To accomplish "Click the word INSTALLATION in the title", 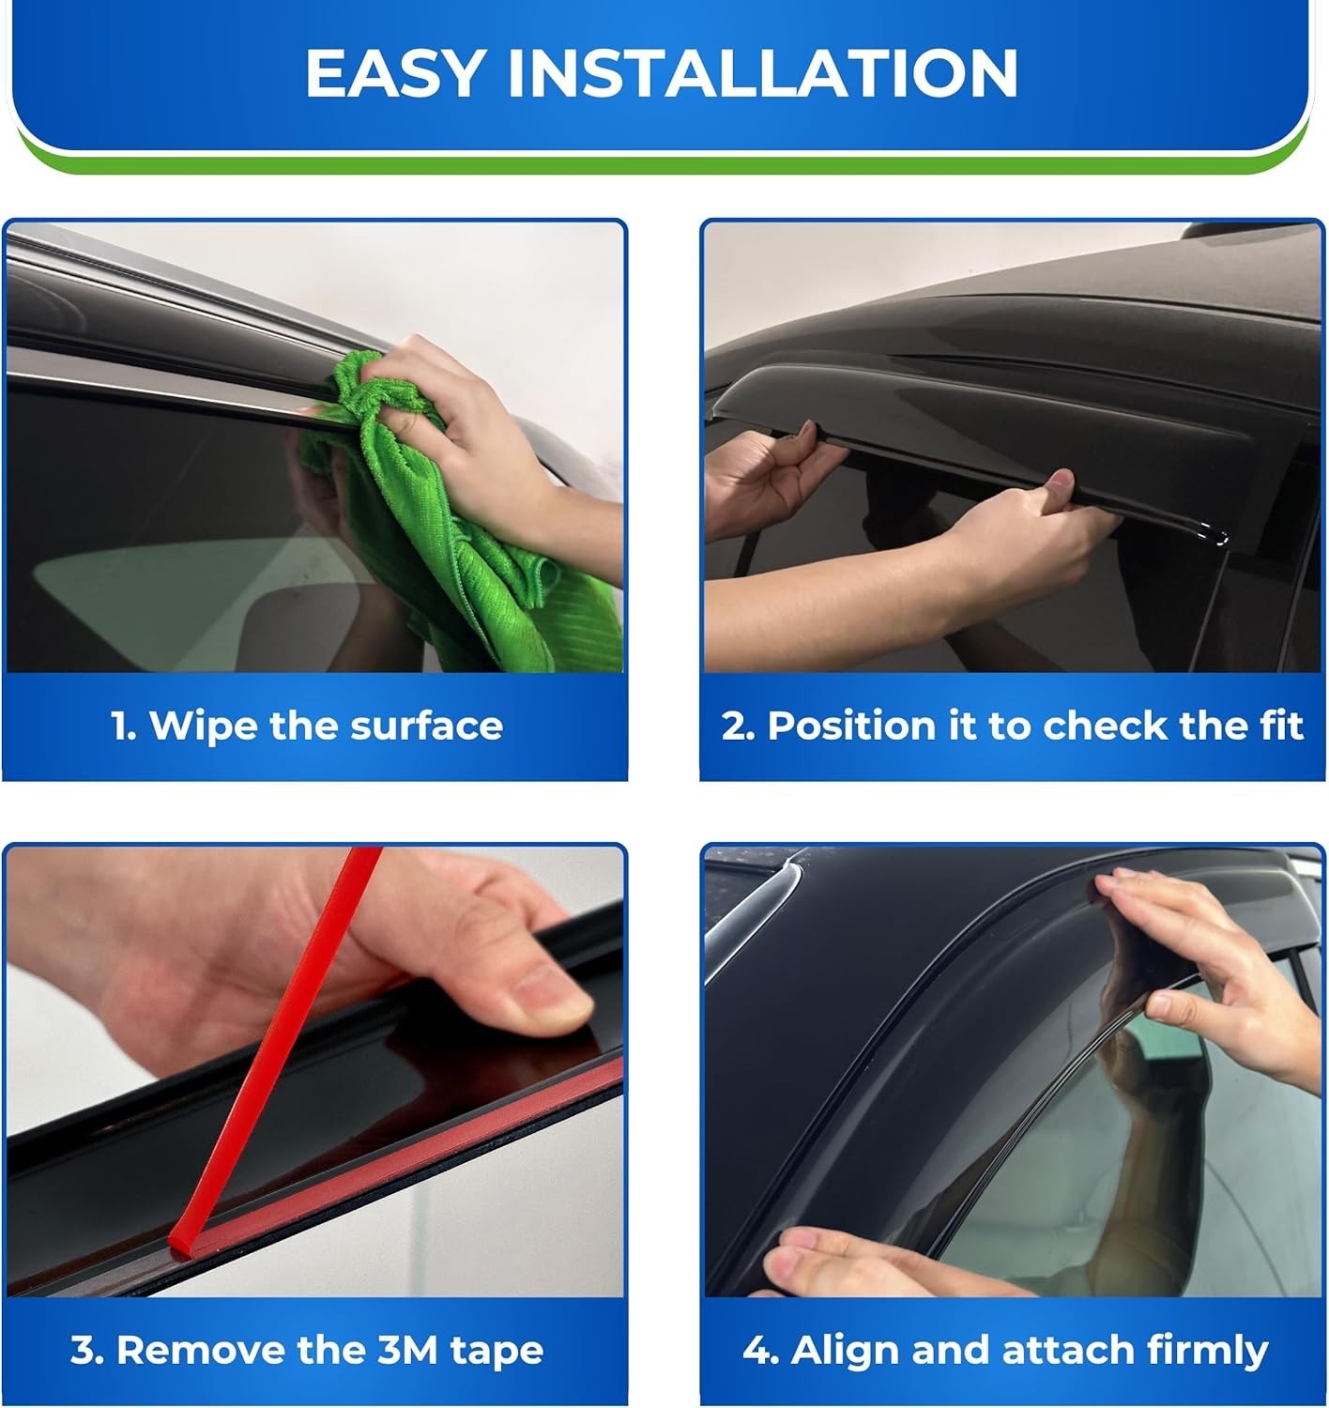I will pos(762,73).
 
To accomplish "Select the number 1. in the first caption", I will pos(123,726).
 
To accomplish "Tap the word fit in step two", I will pos(1280,726).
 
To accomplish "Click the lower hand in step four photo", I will pos(845,1263).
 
